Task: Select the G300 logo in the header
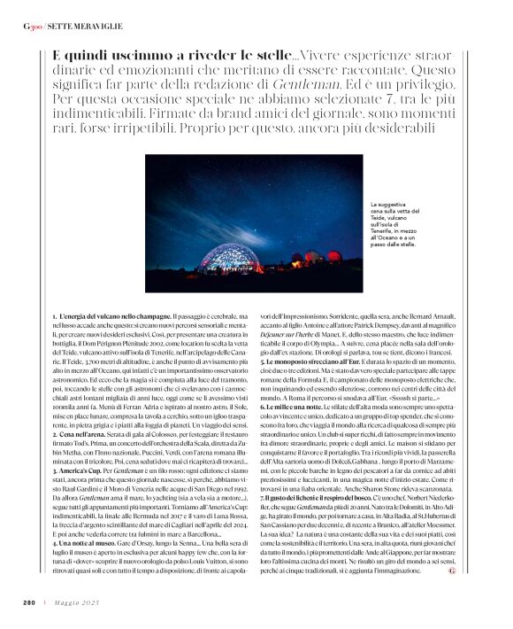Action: tap(32, 27)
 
